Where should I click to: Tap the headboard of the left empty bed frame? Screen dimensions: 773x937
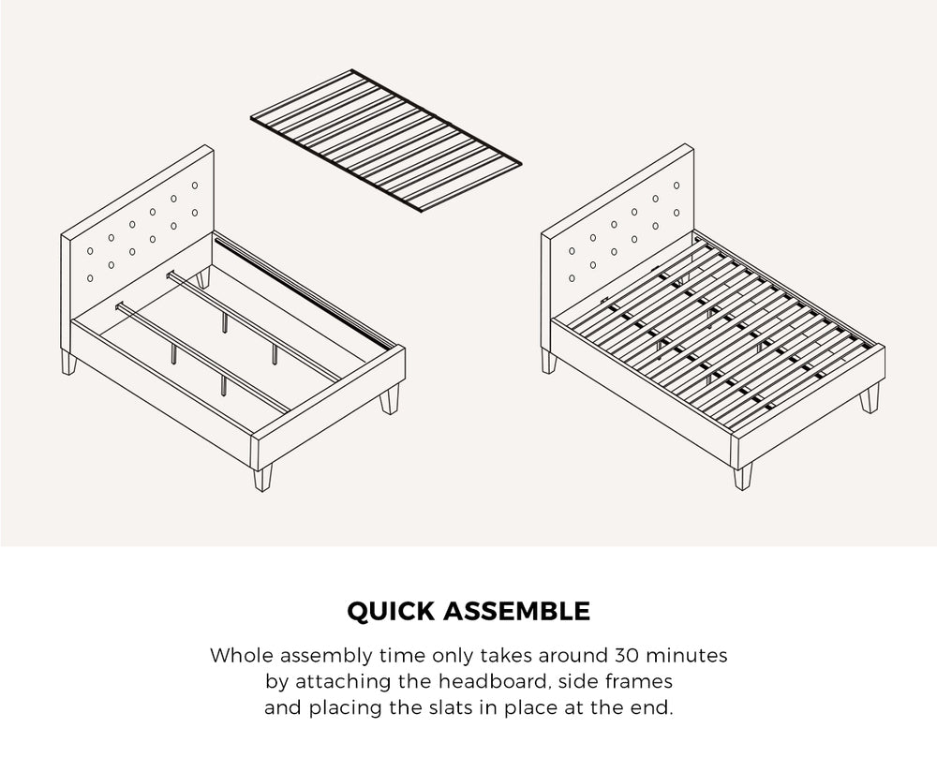point(141,225)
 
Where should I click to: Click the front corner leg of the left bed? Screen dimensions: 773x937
point(262,476)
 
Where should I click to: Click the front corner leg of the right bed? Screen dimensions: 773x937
point(743,476)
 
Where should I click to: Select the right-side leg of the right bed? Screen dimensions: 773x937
point(870,397)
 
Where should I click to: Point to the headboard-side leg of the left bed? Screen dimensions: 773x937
point(67,362)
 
